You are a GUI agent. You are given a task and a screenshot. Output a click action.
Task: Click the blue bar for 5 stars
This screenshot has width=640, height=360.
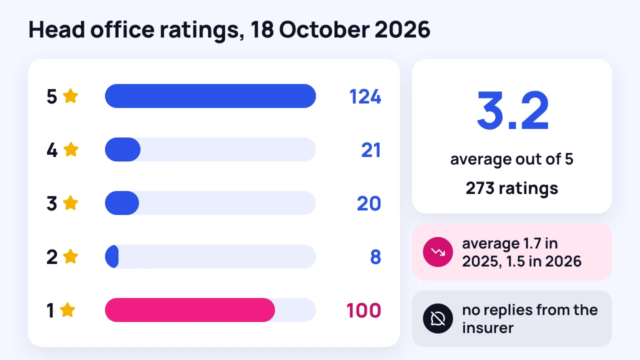coord(210,96)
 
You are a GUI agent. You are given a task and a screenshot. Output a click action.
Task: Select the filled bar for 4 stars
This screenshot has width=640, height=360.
coord(122,149)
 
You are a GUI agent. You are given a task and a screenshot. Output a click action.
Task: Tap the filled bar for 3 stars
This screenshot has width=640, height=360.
coord(122,203)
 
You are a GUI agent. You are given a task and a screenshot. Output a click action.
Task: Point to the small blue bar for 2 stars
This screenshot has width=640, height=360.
coord(112,256)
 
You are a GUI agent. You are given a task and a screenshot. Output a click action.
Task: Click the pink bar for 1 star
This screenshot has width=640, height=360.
coord(190,310)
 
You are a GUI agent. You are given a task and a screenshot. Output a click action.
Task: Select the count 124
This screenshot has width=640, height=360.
coord(365,96)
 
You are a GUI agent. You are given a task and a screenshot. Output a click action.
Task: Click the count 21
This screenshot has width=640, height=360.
coord(371,150)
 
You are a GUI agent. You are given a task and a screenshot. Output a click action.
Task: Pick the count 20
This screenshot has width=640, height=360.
coord(369,203)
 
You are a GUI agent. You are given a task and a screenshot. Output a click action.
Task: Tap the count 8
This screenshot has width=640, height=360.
coord(375,257)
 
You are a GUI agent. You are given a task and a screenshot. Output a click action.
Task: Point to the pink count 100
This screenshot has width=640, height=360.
coord(363,310)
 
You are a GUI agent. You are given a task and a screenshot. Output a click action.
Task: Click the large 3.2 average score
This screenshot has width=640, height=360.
coord(512,110)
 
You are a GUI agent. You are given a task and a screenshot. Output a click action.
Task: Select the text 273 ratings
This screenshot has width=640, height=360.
coord(511,188)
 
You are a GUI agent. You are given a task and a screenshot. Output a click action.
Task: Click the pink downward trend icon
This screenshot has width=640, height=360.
coord(437,252)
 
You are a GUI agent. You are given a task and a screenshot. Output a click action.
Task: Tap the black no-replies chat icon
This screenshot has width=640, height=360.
coord(437,318)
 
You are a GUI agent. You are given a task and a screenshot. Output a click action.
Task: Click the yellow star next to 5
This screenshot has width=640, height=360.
coord(70,95)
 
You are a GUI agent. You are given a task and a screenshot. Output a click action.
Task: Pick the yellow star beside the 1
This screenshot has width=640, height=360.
coord(67,309)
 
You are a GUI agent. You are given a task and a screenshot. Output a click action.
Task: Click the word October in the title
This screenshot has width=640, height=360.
coord(324,29)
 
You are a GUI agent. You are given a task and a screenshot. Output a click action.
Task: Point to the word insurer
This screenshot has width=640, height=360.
coord(487,327)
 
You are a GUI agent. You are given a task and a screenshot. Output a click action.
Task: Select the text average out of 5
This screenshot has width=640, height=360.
coord(511,159)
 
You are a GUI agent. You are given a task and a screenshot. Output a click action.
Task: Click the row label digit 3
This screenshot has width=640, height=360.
coord(51,203)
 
